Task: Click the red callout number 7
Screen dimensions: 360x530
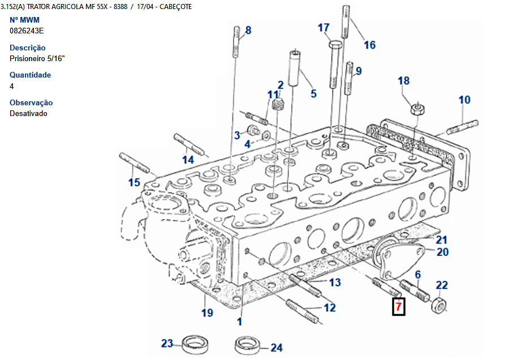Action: pos(399,307)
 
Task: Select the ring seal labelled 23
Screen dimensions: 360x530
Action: pos(195,343)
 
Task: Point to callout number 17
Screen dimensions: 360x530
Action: pos(324,28)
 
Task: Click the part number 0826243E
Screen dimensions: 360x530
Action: pos(27,31)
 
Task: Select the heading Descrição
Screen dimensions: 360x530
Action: pos(28,48)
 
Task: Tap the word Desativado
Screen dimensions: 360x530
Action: pos(28,113)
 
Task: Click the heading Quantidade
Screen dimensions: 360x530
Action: pos(31,75)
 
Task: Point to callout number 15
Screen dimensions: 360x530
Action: pos(134,182)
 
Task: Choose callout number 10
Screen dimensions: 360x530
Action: pos(464,100)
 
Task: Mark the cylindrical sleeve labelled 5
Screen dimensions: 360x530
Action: pos(294,68)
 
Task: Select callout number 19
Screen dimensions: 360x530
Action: pos(208,312)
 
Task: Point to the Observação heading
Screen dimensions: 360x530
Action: pos(31,102)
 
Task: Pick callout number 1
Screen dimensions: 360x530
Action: pos(239,321)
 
